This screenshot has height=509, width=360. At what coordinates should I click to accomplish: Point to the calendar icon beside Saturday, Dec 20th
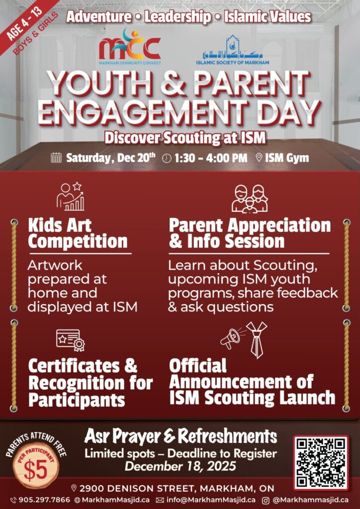click(x=56, y=158)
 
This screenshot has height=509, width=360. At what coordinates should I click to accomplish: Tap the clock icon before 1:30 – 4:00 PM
click(x=167, y=158)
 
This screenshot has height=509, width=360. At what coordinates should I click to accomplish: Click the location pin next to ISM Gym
click(x=259, y=158)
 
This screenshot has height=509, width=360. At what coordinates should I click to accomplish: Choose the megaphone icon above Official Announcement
click(x=230, y=339)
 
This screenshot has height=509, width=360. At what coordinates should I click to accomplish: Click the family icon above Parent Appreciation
click(x=250, y=198)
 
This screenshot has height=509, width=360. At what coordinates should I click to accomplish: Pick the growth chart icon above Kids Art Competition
click(x=70, y=197)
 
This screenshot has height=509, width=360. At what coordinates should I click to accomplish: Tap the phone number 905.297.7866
click(x=44, y=500)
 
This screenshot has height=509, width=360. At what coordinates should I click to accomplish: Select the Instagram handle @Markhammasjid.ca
click(x=310, y=500)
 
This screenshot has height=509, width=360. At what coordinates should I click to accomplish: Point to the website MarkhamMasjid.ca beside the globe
click(x=114, y=500)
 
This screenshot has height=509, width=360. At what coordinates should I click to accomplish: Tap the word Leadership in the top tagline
click(x=178, y=17)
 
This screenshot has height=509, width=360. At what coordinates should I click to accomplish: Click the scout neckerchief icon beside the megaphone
click(x=257, y=339)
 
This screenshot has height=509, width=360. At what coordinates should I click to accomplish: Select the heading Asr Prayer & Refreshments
click(x=180, y=436)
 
